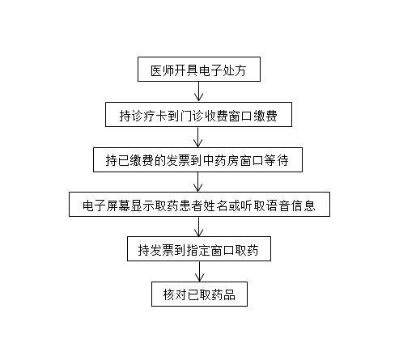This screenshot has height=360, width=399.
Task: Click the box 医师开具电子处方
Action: coord(199,69)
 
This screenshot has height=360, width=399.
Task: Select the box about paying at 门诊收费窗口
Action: coord(198,114)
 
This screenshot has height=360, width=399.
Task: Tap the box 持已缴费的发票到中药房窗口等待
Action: coord(197,159)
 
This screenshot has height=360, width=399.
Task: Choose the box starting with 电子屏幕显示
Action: coord(199,204)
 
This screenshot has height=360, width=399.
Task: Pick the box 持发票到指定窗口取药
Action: coord(199,248)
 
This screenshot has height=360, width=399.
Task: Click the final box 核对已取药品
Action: coord(199,294)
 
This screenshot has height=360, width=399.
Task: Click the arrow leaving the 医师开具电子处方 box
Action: coord(199,91)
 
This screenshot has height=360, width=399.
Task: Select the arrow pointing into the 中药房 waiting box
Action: coord(198,137)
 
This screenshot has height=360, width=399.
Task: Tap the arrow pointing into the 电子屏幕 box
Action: coord(198,182)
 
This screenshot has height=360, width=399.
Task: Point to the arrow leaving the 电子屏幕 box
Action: coord(199,227)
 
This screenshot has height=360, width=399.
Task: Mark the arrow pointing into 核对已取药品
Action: coord(199,271)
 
